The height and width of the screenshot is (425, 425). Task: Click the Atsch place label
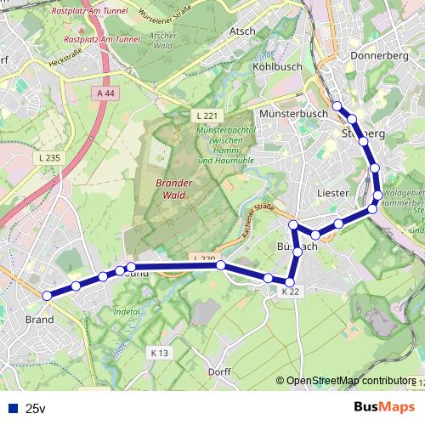[x=242, y=31]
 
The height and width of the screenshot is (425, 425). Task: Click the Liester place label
[x=331, y=193]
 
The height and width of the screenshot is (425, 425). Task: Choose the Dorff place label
[x=218, y=371]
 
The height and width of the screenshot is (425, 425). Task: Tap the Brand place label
[x=39, y=320]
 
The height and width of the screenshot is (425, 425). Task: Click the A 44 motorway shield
[x=105, y=93]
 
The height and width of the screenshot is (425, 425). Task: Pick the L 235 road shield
[x=49, y=157]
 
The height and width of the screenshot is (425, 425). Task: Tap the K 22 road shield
[x=291, y=292]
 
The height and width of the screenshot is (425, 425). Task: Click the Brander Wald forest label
[x=174, y=188]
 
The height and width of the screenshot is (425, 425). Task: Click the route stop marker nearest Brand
[x=48, y=295]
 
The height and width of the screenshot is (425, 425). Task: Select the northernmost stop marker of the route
[x=337, y=106]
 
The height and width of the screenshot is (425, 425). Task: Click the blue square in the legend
[x=10, y=407]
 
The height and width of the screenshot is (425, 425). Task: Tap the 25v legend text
[x=34, y=408]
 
